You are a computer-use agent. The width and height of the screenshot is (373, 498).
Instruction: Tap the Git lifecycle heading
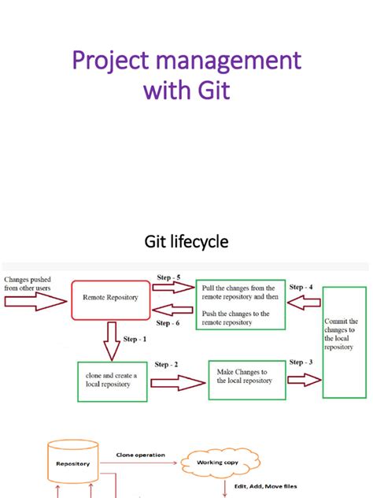[x=186, y=242]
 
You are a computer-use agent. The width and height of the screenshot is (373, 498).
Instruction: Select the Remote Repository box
[x=109, y=299]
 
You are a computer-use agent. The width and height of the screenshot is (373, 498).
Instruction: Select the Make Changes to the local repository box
[x=245, y=376]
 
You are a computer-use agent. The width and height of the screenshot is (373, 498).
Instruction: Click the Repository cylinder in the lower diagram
[x=72, y=464]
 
